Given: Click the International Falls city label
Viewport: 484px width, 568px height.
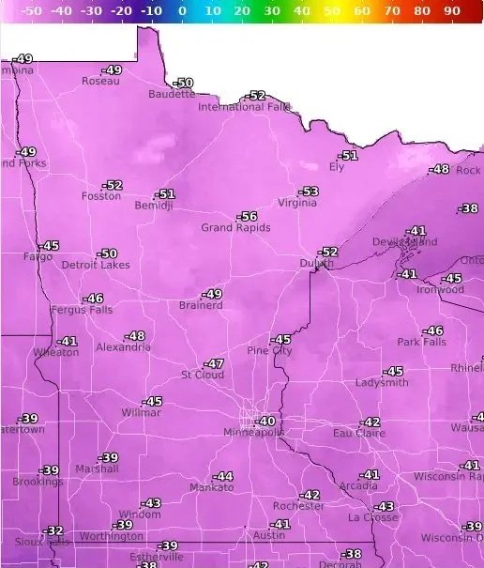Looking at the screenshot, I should (244, 107).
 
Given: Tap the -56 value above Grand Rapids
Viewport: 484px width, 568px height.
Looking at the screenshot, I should (248, 217).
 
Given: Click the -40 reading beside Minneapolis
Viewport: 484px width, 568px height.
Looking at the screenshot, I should (266, 422).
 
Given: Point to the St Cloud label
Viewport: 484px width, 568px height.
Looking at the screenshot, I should (202, 375).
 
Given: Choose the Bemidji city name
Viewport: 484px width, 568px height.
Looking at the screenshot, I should (154, 206).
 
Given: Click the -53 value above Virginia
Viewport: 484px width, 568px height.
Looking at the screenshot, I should (309, 192).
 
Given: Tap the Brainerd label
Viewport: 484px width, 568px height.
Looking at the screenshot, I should (201, 305).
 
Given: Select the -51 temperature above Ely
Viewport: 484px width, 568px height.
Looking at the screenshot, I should (349, 156).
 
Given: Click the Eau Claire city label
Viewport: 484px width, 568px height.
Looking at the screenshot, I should (358, 433).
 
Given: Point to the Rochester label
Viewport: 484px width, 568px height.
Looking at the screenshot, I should (298, 506).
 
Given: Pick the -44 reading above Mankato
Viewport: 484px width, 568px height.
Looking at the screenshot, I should (223, 477).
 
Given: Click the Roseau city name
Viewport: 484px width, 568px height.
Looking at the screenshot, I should (100, 81).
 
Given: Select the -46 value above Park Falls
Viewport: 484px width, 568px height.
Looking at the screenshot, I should (432, 331).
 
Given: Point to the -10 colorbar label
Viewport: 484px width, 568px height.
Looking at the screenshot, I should (150, 10).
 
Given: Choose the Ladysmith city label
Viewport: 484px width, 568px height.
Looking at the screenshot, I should (382, 383).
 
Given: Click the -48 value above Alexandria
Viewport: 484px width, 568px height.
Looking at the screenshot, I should (136, 336).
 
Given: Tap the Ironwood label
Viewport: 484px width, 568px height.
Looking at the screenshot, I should (440, 289).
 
